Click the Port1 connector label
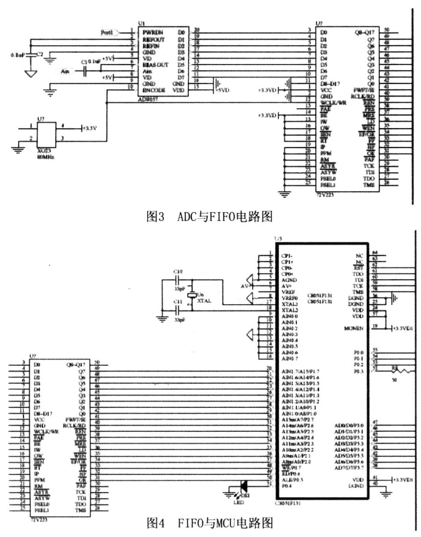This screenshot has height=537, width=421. click(107, 32)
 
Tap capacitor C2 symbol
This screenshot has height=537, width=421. click(30, 55)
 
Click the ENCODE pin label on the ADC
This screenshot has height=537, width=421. click(154, 90)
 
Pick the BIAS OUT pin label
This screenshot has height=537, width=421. click(155, 64)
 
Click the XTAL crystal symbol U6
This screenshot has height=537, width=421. click(192, 296)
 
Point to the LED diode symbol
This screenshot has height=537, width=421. click(243, 485)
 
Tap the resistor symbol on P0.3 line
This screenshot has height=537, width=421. click(398, 371)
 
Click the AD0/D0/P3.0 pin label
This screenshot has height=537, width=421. click(349, 425)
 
